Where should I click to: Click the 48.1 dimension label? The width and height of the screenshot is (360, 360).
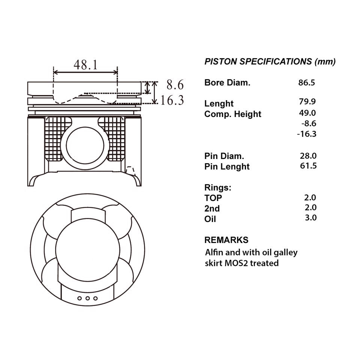85,65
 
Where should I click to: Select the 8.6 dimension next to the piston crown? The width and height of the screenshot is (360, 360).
175,85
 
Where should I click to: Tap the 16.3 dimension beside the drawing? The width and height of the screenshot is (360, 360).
172,100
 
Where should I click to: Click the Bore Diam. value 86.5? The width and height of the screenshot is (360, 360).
306,82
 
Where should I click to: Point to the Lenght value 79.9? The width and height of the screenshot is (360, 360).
307,101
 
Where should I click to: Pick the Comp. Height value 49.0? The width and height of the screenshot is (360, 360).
307,113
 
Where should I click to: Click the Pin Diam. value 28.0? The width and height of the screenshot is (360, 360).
308,156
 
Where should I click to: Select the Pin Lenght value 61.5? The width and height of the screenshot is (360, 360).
308,166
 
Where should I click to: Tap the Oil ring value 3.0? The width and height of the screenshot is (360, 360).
310,217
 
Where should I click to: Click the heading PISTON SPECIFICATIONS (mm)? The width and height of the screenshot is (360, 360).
270,61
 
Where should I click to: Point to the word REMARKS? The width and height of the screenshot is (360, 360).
226,240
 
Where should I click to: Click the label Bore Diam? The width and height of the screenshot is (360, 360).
227,82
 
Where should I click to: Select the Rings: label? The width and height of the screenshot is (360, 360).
218,187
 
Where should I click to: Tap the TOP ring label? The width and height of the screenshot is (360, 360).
213,198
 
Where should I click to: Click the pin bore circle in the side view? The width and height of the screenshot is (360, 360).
85,145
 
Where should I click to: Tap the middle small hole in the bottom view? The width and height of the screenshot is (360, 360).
87,298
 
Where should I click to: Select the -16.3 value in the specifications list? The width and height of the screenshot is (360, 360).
307,134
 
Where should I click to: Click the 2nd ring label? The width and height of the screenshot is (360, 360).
212,208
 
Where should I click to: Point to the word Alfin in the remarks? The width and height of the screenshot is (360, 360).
214,252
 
